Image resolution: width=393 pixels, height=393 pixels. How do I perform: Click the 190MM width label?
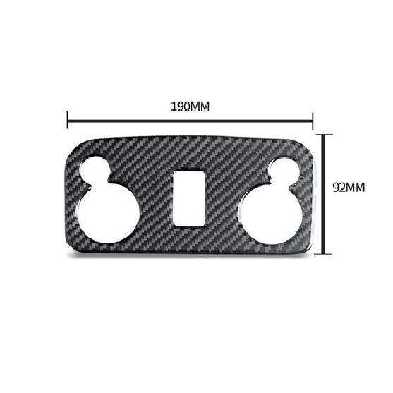191,107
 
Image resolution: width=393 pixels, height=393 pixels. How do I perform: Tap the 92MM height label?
350,188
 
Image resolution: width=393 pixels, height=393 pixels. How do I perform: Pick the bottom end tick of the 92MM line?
323,253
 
